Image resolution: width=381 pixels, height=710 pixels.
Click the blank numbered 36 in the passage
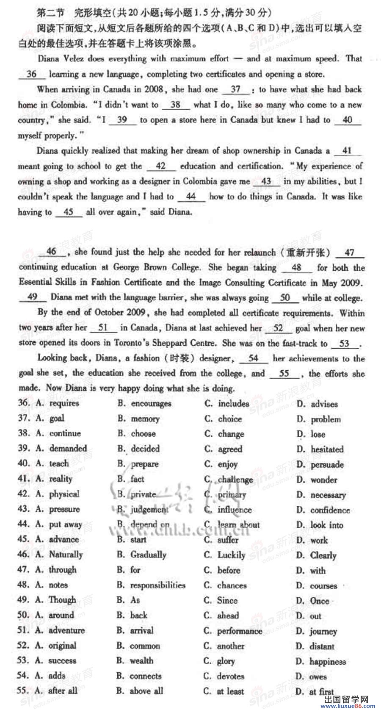(32, 74)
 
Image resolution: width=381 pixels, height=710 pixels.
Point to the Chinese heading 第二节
(50, 13)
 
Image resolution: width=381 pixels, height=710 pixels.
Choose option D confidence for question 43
(330, 510)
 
